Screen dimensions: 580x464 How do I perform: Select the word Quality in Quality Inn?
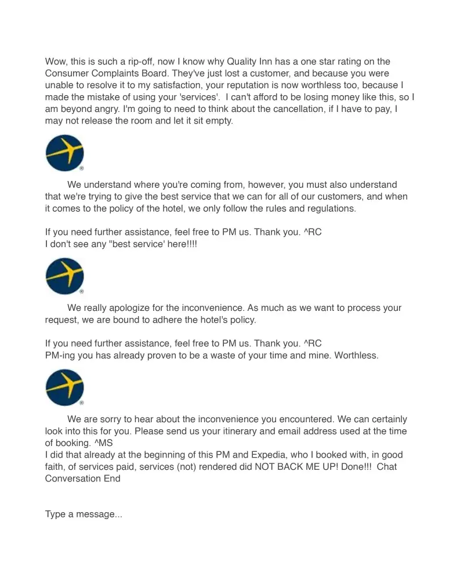pyautogui.click(x=243, y=61)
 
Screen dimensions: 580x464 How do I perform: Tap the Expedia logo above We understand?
pyautogui.click(x=64, y=153)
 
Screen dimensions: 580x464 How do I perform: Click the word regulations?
pyautogui.click(x=326, y=209)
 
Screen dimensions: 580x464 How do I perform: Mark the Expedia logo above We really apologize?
pyautogui.click(x=64, y=276)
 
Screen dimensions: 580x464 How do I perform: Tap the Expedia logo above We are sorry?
pyautogui.click(x=64, y=387)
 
